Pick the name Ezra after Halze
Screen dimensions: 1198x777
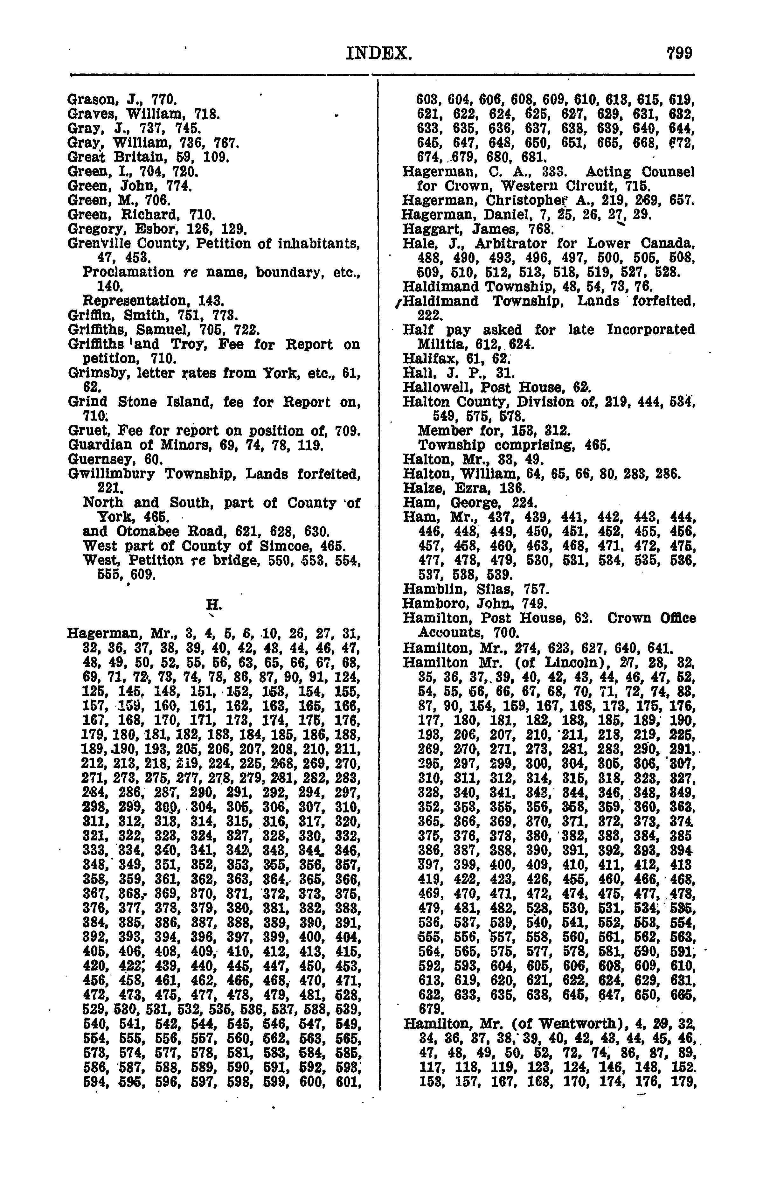click(x=470, y=489)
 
